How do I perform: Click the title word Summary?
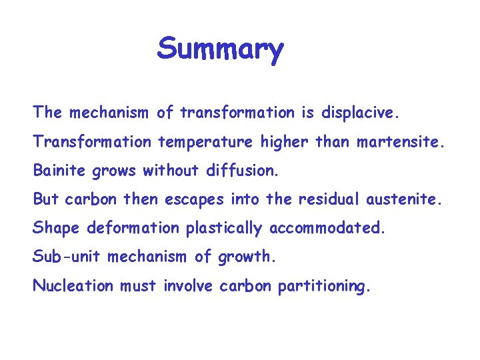[x=221, y=49]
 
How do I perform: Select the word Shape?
[x=54, y=229]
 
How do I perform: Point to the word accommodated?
[x=327, y=229]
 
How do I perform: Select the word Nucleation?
[x=73, y=286]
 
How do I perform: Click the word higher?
[x=275, y=142]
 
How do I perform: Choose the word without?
[x=168, y=171]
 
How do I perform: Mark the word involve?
[x=189, y=286]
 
